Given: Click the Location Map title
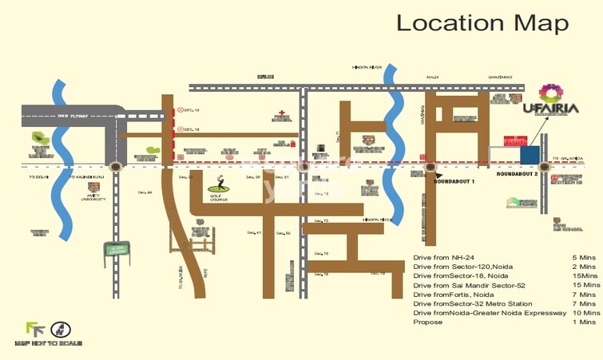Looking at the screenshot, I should (x=482, y=22).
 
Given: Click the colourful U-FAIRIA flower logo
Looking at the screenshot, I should (x=551, y=93).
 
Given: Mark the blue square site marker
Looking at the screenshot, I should (x=529, y=154).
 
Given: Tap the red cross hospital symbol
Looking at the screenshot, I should (x=280, y=114).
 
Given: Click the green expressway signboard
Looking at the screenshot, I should (x=117, y=249).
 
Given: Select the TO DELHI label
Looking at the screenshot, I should (x=38, y=176).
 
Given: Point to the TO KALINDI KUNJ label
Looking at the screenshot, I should (x=87, y=176).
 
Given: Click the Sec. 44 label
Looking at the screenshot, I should (x=145, y=192).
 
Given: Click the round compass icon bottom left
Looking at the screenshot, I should (x=61, y=328).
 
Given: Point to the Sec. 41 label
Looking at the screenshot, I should (x=254, y=232).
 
